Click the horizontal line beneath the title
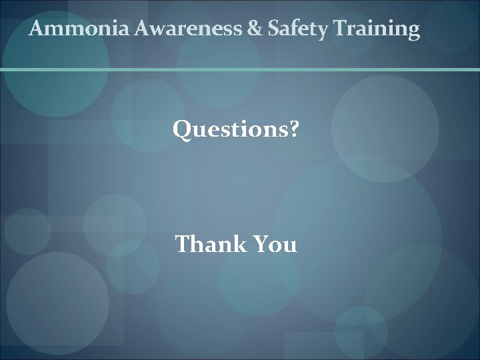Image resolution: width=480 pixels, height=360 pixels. [240, 69]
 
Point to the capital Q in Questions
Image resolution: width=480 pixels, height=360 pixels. [182, 129]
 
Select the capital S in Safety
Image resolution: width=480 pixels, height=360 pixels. [273, 29]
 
